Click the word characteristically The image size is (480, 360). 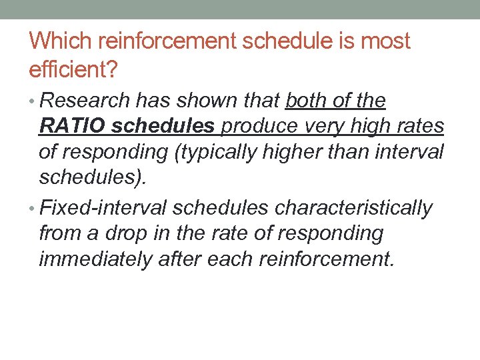(353, 209)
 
